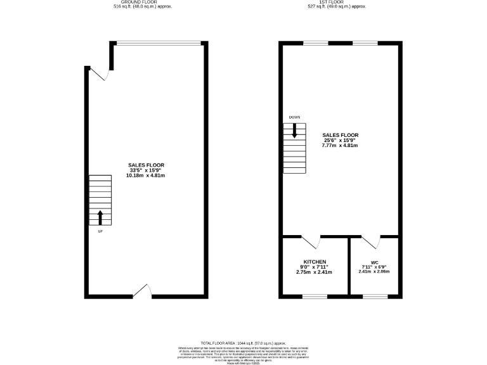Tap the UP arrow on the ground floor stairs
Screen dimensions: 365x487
tap(100, 217)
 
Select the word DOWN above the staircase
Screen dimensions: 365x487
tap(295, 117)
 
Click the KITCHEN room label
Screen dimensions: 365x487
tap(315, 262)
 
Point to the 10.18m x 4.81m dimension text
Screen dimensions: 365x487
tap(146, 176)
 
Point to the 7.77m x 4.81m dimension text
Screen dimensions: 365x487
tap(340, 146)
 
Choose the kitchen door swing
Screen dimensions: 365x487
tap(311, 242)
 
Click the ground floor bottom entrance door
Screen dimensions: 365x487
tap(143, 291)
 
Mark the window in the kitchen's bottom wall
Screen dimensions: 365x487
tap(315, 296)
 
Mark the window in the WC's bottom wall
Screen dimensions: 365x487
tap(374, 296)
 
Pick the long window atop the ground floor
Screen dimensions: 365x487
tap(158, 43)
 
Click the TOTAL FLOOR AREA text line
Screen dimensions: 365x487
tap(243, 342)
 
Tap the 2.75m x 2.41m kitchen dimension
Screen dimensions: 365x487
tap(315, 272)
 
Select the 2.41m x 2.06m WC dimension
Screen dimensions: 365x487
tap(373, 272)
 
